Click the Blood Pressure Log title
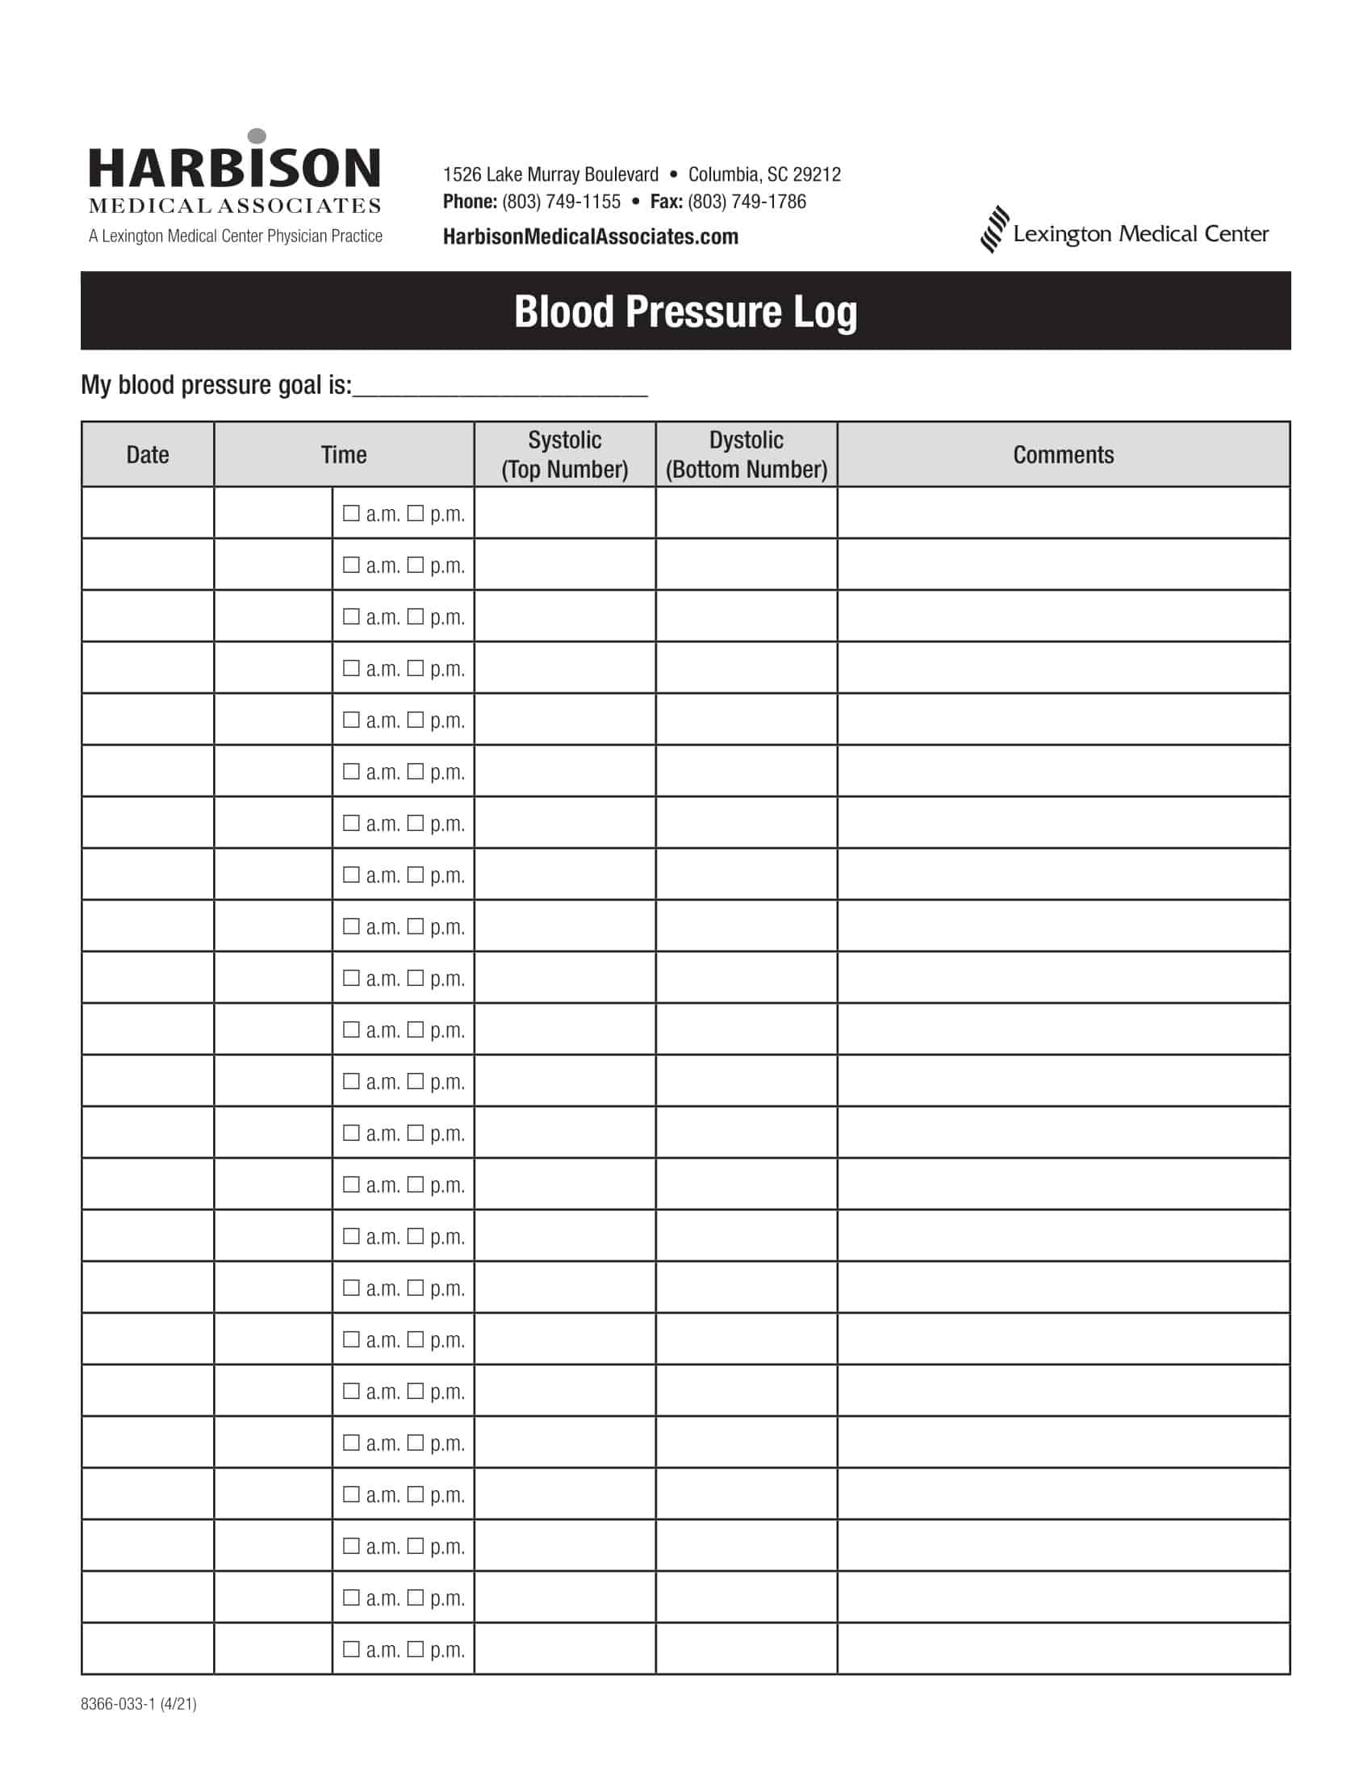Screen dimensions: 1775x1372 pos(685,311)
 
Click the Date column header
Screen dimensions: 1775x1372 pos(147,454)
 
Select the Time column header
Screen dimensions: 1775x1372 pos(343,454)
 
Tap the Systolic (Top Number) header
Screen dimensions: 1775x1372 pos(565,454)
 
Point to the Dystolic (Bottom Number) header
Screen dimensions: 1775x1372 pos(747,454)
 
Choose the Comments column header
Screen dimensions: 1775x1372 pos(1063,454)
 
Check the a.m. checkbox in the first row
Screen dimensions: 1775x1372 pos(351,513)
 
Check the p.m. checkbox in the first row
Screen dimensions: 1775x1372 pos(416,513)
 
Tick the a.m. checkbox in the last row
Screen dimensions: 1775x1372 pos(351,1649)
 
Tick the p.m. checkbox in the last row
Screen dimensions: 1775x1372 pos(416,1649)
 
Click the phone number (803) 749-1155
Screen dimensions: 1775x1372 pos(561,202)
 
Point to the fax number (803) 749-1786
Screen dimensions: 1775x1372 pos(747,202)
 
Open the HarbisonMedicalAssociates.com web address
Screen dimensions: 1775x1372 pos(590,236)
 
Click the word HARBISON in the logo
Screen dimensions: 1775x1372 pos(234,169)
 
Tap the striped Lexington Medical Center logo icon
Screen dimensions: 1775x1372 pos(994,230)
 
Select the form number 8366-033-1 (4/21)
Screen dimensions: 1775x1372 pos(138,1703)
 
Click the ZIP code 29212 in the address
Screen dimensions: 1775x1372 pos(817,174)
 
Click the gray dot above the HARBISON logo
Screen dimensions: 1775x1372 pos(257,136)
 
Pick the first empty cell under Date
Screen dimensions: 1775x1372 pos(147,513)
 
